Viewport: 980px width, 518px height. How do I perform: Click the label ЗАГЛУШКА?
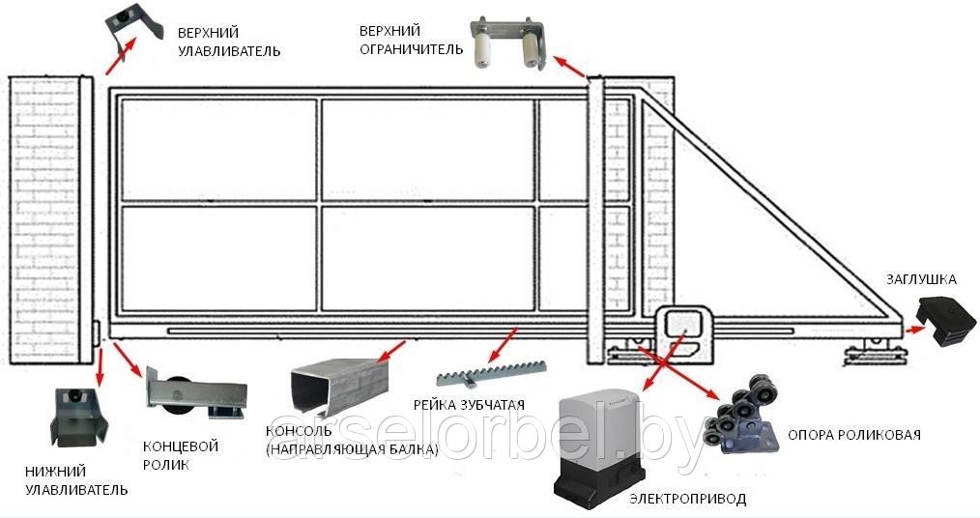(921, 279)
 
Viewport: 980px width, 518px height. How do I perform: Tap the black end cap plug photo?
(945, 321)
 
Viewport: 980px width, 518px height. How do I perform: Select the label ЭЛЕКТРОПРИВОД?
(687, 499)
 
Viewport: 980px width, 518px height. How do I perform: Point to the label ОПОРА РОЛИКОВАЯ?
(853, 435)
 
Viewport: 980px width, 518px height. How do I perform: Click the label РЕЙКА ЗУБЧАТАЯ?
(469, 405)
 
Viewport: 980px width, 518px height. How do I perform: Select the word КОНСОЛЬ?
(297, 431)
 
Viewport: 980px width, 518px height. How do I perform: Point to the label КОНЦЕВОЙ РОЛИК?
(180, 455)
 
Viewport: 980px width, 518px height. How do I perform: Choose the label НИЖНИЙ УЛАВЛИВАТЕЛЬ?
(76, 480)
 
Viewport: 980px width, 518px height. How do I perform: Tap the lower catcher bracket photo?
(77, 417)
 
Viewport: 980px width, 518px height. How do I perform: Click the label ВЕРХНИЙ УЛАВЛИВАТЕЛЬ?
(229, 42)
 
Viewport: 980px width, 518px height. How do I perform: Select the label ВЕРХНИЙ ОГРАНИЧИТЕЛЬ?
(411, 40)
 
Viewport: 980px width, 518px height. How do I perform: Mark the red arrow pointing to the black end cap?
(915, 328)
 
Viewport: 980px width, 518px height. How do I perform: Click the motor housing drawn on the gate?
(684, 331)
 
